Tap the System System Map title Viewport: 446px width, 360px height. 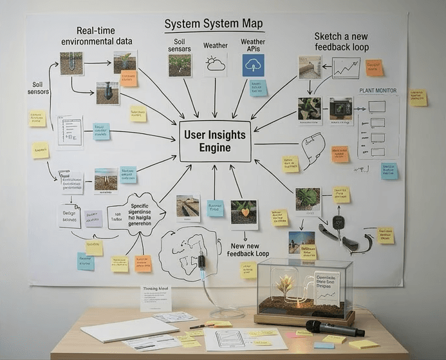pos(213,24)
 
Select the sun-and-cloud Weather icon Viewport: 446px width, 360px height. pos(215,64)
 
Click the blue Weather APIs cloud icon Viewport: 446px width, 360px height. pos(253,66)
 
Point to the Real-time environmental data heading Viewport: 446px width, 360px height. pos(97,36)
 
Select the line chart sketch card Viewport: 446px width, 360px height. pos(346,68)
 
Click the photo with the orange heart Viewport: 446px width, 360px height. pos(244,212)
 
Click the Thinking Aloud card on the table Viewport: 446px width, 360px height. pos(156,298)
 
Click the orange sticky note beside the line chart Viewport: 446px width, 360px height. pos(374,68)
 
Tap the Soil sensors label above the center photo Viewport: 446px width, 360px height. pos(180,45)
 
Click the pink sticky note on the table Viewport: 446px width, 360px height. pos(296,335)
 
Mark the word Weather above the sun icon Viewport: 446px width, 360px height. pos(215,46)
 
